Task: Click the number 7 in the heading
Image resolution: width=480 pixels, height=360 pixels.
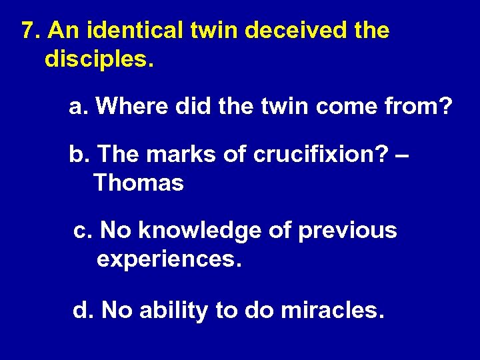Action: [27, 31]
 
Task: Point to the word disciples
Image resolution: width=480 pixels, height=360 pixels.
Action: [99, 59]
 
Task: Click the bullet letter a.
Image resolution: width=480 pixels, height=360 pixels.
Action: [76, 107]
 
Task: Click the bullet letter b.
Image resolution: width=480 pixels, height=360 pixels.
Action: [77, 154]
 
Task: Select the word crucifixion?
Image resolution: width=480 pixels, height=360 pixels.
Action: [317, 154]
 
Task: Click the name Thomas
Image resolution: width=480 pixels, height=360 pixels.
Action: [139, 183]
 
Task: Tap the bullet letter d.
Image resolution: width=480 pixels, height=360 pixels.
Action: [81, 309]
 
